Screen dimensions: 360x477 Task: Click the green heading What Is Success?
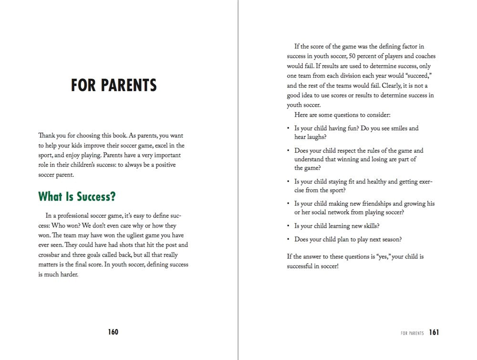click(x=77, y=196)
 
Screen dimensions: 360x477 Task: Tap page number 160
click(x=113, y=332)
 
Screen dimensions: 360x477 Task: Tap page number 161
click(x=434, y=332)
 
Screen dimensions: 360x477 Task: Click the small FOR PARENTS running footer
click(x=412, y=333)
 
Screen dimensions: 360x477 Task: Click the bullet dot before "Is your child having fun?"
click(x=288, y=129)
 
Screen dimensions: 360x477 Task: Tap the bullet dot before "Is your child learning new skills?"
click(x=288, y=226)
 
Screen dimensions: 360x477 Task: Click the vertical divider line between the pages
click(x=238, y=191)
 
